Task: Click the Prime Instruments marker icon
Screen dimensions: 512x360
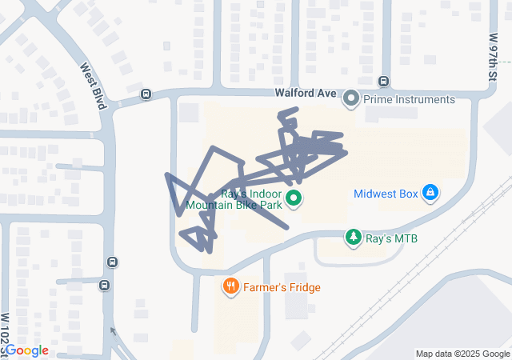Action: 350,100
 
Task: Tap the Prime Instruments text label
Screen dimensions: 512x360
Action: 409,100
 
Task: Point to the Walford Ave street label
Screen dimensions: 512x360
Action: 306,94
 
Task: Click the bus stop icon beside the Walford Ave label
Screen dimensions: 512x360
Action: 384,82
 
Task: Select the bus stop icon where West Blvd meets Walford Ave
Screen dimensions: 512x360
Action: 146,94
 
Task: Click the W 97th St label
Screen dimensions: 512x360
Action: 494,48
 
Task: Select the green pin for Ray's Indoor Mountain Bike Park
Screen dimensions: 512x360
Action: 293,198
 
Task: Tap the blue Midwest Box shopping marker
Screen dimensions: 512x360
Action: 431,193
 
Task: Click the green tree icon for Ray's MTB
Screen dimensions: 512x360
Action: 353,238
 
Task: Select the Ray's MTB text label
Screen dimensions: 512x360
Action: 391,238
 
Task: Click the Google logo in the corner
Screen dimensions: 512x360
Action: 27,350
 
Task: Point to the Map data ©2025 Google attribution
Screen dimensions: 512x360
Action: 462,354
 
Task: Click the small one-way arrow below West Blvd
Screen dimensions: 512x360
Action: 112,331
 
